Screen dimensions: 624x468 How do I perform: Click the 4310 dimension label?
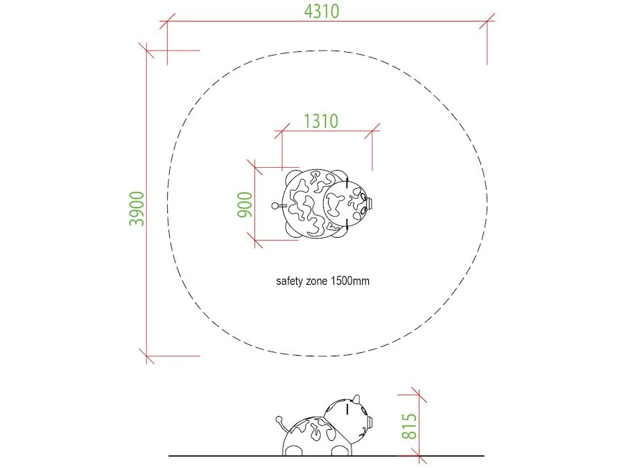click(322, 11)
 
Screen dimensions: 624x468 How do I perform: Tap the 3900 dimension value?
click(137, 209)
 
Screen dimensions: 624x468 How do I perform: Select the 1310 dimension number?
click(321, 121)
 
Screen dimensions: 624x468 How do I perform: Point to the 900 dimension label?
click(245, 205)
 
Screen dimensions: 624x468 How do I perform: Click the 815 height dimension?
click(410, 426)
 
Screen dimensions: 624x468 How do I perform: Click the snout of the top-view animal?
click(370, 203)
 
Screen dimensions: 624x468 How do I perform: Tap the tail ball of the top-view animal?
click(275, 206)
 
